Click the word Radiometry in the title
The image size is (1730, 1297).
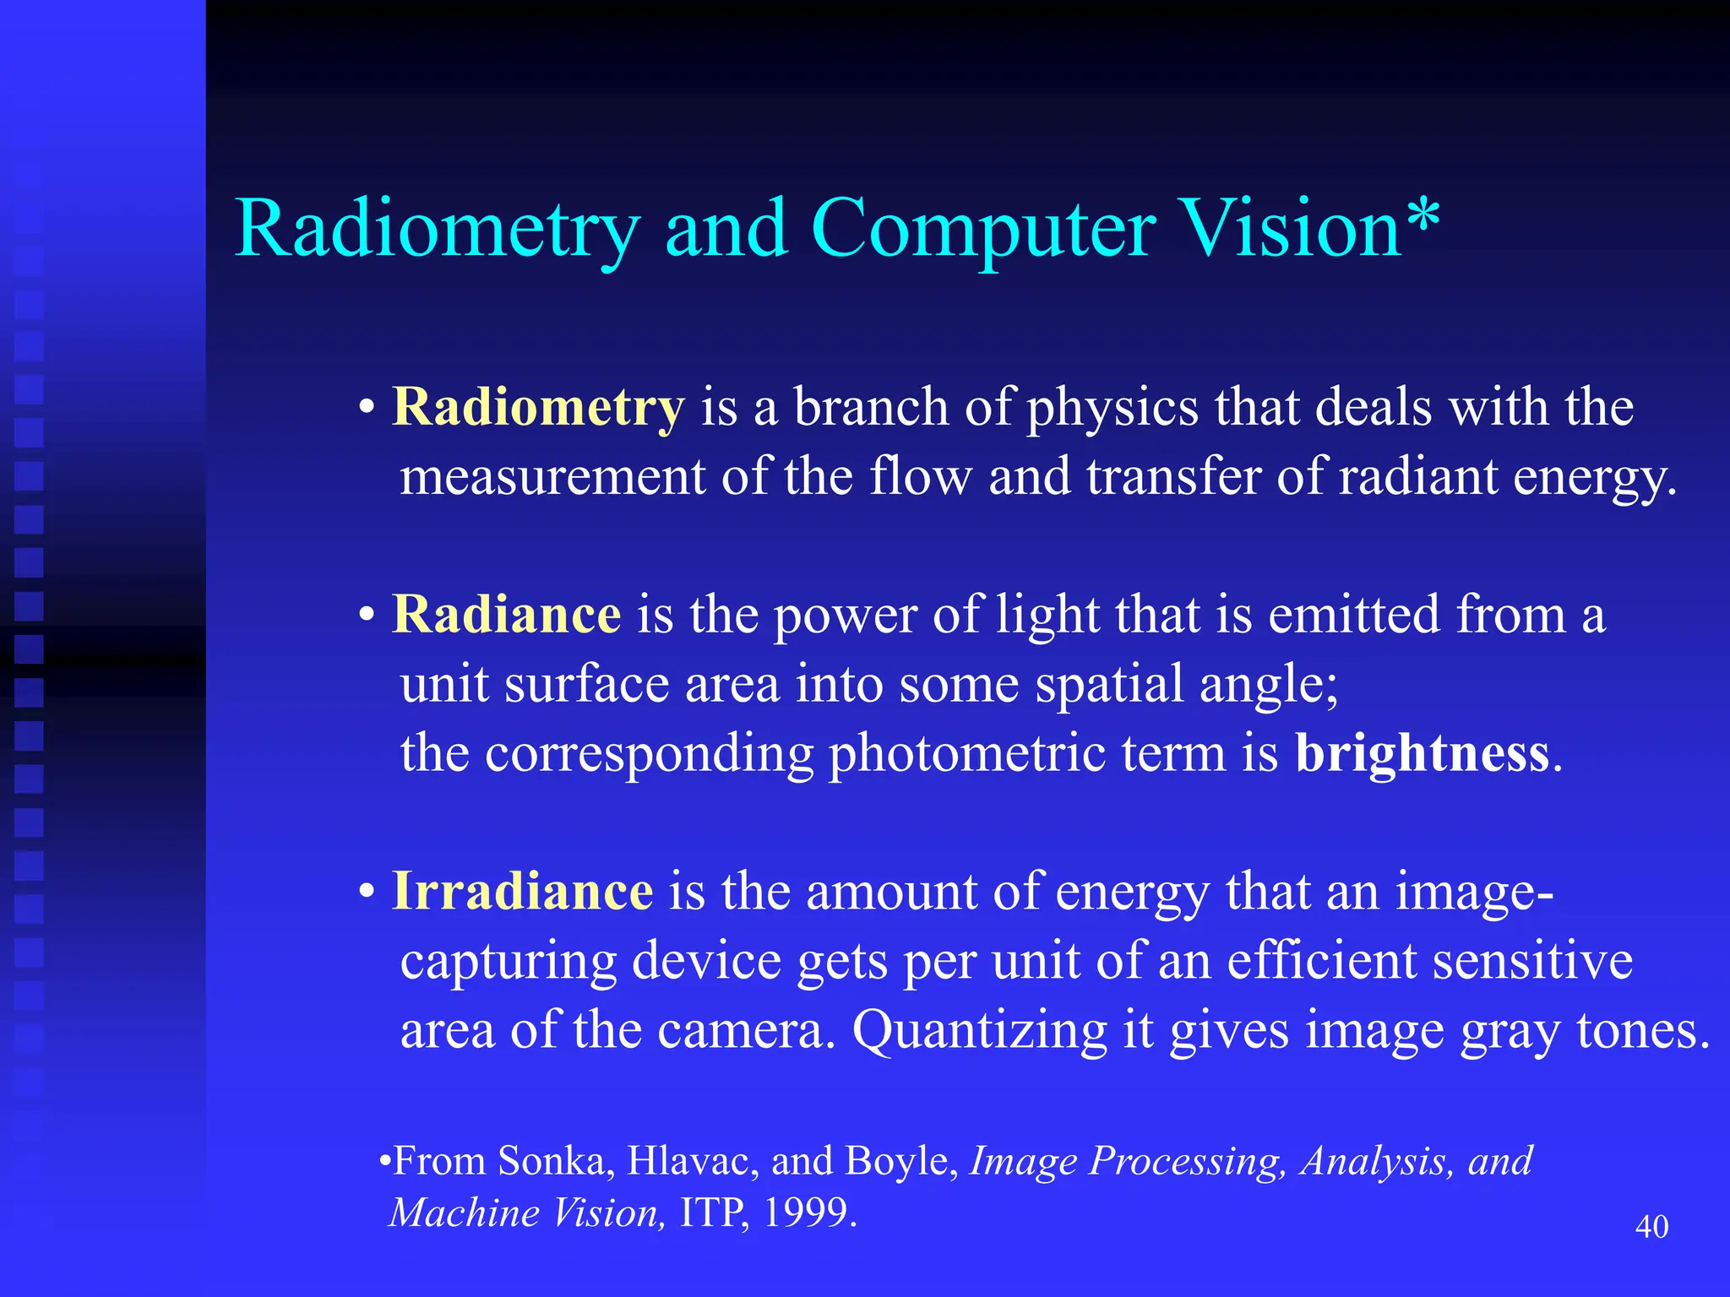pyautogui.click(x=437, y=230)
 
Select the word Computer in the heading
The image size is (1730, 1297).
pyautogui.click(x=982, y=230)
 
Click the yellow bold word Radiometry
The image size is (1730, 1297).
pyautogui.click(x=538, y=408)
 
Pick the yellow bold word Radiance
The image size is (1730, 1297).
pyautogui.click(x=507, y=614)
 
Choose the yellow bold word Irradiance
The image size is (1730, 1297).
pyautogui.click(x=522, y=891)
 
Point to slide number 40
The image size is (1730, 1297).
pyautogui.click(x=1651, y=1226)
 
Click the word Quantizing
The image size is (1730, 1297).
pyautogui.click(x=979, y=1031)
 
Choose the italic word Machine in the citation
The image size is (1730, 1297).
pyautogui.click(x=464, y=1213)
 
